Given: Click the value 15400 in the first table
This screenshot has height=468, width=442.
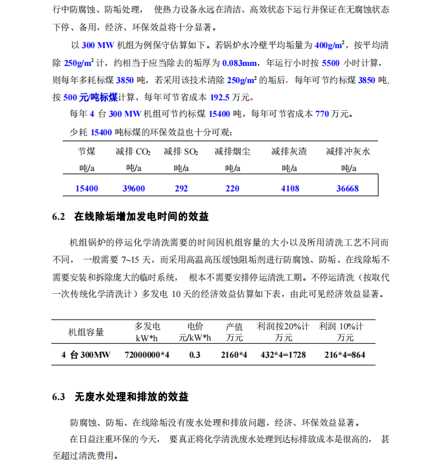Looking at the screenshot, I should click(x=87, y=188).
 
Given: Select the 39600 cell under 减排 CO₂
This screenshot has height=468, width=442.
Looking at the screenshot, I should click(x=133, y=188).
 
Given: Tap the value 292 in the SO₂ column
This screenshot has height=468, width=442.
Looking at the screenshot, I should click(x=181, y=188).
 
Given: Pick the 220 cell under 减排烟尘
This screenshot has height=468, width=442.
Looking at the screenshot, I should click(x=232, y=188).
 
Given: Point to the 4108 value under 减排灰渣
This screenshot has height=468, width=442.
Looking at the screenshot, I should click(x=290, y=188).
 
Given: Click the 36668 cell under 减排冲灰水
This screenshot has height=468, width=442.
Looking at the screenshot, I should click(x=348, y=188).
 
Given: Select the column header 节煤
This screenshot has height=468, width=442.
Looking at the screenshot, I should click(x=87, y=151).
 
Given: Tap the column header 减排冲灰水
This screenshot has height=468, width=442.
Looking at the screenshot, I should click(x=348, y=151).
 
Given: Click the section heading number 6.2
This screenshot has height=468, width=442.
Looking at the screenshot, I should click(x=59, y=217).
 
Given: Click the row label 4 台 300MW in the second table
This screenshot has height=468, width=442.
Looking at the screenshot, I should click(x=86, y=355).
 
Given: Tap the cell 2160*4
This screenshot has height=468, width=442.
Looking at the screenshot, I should click(x=234, y=355).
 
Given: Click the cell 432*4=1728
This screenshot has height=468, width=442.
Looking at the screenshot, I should click(x=283, y=355).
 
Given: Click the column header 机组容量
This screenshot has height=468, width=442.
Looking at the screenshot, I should click(x=86, y=331).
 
